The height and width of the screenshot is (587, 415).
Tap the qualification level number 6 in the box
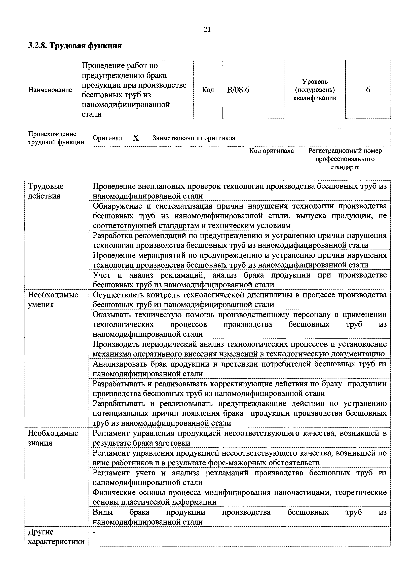pos(368,90)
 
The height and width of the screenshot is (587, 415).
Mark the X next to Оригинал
pos(136,138)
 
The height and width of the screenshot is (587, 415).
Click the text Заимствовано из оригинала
pos(194,138)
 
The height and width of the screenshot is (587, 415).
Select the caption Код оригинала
pos(272,151)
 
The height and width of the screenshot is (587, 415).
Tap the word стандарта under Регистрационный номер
pos(345,167)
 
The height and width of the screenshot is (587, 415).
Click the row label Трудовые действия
pos(46,191)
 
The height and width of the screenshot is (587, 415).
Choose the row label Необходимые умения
pos(53,300)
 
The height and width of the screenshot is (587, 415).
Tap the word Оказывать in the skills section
pos(111,315)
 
